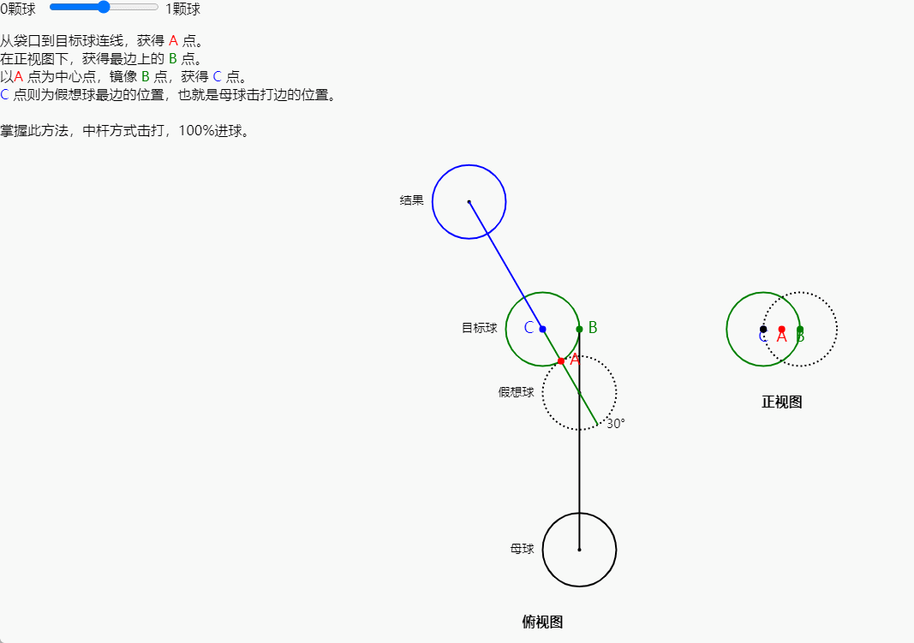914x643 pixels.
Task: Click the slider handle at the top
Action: [x=104, y=7]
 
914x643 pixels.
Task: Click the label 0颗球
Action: [x=18, y=9]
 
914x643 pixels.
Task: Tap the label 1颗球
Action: [x=182, y=9]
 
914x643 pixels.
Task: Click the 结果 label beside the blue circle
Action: [x=411, y=200]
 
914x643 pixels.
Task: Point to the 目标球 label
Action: [x=479, y=328]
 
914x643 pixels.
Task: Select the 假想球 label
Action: [x=516, y=392]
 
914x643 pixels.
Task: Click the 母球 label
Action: [x=522, y=549]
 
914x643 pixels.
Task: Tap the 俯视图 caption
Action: [x=542, y=622]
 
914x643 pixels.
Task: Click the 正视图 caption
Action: [x=781, y=402]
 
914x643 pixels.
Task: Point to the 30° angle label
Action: [x=616, y=423]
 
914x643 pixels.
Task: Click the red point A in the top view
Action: [x=561, y=361]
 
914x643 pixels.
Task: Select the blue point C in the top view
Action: [x=542, y=329]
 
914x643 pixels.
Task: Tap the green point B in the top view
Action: [x=579, y=329]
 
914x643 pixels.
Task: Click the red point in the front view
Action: [x=781, y=329]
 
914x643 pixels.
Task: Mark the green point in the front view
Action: [x=800, y=329]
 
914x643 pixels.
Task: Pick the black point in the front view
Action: [x=763, y=329]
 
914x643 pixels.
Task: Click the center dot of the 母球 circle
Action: [x=579, y=549]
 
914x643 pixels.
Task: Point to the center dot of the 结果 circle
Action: [x=469, y=201]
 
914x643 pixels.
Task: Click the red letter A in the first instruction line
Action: [x=174, y=40]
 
